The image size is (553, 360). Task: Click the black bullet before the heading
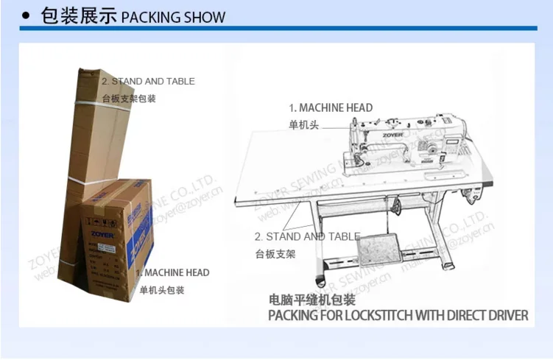click(26, 15)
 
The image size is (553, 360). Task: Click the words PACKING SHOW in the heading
click(172, 17)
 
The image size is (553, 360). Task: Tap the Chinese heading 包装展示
click(79, 15)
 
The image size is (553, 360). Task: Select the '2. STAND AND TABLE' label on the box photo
click(148, 81)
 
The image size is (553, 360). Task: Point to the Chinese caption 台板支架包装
click(129, 98)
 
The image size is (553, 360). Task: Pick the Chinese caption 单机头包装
click(162, 290)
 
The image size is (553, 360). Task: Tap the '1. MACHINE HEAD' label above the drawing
click(331, 107)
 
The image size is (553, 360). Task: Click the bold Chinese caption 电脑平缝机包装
click(311, 300)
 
